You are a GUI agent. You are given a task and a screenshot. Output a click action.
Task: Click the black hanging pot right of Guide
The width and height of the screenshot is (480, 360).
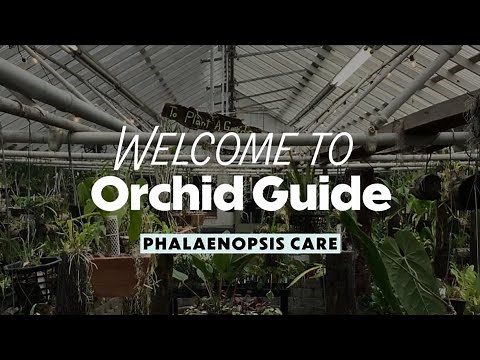429,186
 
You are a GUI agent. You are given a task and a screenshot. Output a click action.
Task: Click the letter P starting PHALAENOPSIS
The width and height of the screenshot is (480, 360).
150,243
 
